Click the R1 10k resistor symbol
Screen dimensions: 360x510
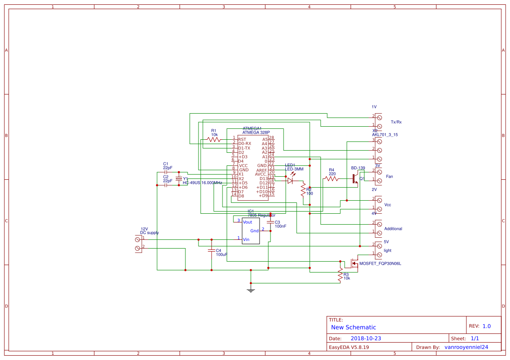pos(214,139)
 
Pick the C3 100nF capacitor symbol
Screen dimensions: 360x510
pos(270,222)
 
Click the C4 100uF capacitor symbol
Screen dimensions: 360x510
pos(212,251)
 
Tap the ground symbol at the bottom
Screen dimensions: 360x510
pos(251,289)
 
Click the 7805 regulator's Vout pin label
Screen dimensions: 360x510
pos(247,222)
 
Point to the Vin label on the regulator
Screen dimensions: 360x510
pos(246,239)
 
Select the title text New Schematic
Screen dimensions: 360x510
pos(353,327)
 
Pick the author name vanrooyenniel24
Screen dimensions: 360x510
pos(466,347)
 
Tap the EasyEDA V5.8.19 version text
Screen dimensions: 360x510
pos(349,347)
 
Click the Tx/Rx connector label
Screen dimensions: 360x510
pos(396,122)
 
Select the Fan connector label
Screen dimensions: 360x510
pos(389,176)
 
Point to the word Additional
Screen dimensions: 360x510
pos(393,229)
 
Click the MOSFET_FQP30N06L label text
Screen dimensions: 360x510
pos(380,263)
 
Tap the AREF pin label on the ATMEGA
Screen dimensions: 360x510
pos(262,170)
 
